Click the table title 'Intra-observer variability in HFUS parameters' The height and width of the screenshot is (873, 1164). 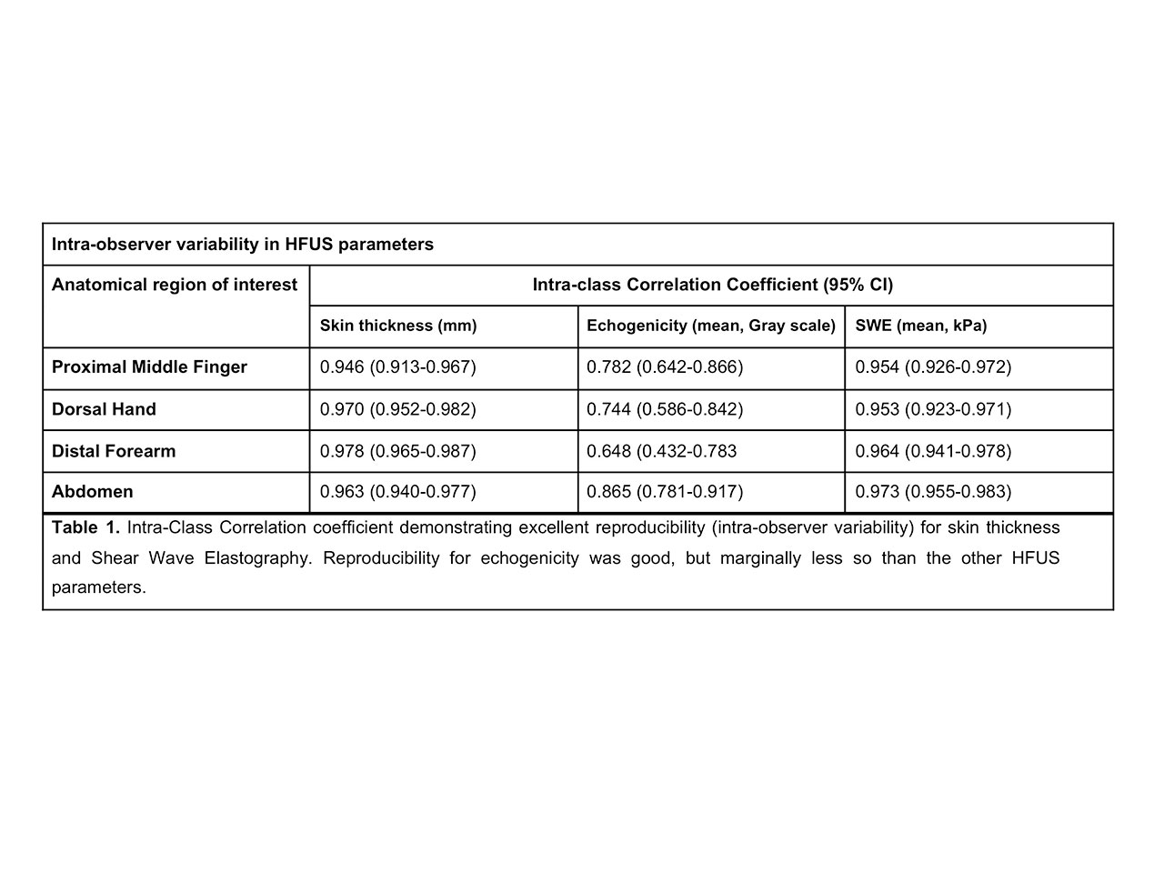pyautogui.click(x=242, y=245)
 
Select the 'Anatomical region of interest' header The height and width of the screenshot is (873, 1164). pyautogui.click(x=175, y=285)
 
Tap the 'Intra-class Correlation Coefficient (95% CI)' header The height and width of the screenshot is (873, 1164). pyautogui.click(x=712, y=285)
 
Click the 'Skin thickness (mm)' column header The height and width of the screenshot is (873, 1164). pyautogui.click(x=398, y=326)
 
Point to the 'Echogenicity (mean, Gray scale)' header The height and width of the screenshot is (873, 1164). pyautogui.click(x=711, y=326)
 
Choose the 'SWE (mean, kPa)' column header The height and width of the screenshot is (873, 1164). pyautogui.click(x=920, y=326)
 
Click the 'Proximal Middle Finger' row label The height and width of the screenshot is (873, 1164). pyautogui.click(x=149, y=367)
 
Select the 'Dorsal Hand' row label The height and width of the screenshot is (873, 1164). pyautogui.click(x=104, y=409)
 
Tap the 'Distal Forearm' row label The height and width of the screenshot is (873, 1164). pyautogui.click(x=114, y=451)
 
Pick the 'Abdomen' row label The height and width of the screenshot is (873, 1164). pyautogui.click(x=93, y=492)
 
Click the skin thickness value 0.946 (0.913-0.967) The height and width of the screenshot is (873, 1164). pyautogui.click(x=397, y=367)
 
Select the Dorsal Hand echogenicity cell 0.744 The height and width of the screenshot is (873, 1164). pyautogui.click(x=665, y=409)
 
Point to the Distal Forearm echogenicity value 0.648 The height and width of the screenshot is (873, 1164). pyautogui.click(x=661, y=451)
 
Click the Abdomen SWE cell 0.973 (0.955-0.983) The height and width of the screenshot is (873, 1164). pyautogui.click(x=933, y=492)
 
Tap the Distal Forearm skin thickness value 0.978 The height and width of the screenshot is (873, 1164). pyautogui.click(x=397, y=451)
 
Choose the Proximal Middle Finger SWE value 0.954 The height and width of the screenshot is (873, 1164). pyautogui.click(x=933, y=367)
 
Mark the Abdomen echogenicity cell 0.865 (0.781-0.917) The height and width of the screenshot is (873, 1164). pyautogui.click(x=665, y=492)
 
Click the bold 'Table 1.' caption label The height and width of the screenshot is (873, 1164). pyautogui.click(x=85, y=527)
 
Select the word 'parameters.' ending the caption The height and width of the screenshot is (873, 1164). pyautogui.click(x=98, y=587)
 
